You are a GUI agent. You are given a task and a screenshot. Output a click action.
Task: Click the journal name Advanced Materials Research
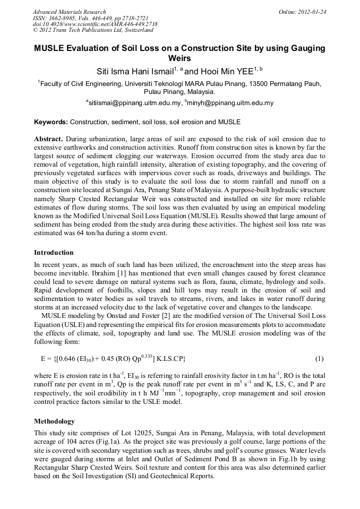pos(69,12)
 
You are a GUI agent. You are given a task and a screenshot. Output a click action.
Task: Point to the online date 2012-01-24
pos(312,12)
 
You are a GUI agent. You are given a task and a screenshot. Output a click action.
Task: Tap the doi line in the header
pos(95,24)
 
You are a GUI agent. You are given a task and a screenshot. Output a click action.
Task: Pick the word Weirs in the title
pos(179,58)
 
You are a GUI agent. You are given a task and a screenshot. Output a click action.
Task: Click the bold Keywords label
pos(51,122)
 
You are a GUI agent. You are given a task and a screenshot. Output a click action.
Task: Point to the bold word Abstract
pos(49,139)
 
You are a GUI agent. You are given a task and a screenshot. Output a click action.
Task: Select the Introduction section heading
pos(54,252)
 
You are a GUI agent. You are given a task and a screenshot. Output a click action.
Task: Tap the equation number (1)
pos(319,358)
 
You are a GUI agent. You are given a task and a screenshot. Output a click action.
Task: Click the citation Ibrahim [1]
pos(121,272)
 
